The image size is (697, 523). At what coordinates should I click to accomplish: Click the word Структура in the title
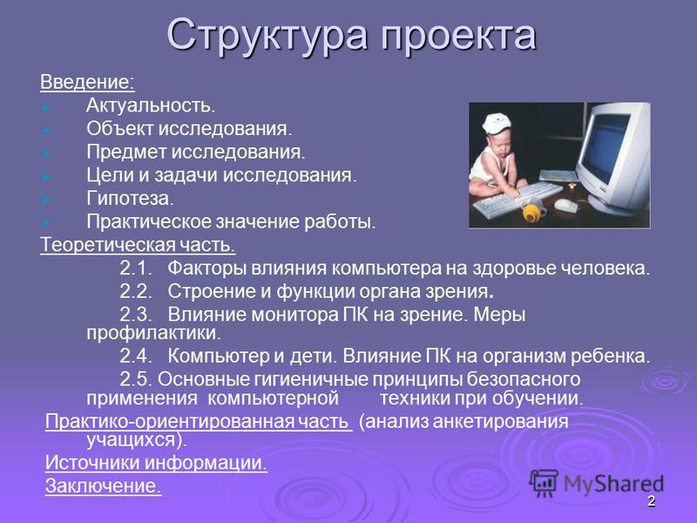267,36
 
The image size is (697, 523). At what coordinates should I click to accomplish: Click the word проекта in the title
458,36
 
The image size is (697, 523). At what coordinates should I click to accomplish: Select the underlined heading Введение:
87,82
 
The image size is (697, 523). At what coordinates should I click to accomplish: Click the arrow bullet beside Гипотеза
46,200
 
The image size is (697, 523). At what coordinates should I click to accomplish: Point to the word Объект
119,128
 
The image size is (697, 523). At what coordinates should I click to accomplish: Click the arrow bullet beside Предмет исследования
46,153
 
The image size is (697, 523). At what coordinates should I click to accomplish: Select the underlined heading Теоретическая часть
138,245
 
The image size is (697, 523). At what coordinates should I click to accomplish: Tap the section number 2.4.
136,356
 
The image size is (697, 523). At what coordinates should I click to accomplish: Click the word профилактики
153,334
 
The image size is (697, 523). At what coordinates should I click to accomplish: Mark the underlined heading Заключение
103,486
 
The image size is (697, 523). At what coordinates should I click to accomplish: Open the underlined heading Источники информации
157,463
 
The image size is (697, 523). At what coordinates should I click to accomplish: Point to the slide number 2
651,501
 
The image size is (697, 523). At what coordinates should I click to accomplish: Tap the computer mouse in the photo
566,205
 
